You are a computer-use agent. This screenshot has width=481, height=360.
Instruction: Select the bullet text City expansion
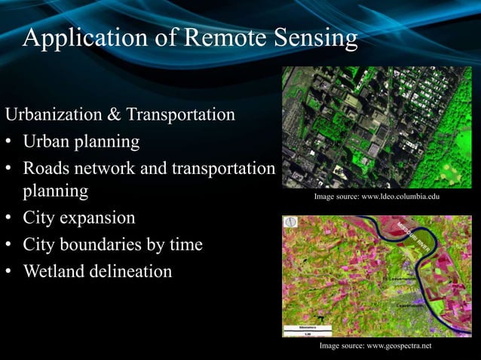(x=79, y=218)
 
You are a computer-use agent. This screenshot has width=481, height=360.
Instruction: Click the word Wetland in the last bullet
(x=54, y=270)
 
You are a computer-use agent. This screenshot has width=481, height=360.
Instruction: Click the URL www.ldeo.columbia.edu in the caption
(x=400, y=197)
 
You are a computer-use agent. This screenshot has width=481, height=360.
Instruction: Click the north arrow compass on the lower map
(x=290, y=223)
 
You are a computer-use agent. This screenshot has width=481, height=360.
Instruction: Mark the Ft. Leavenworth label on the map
(x=400, y=279)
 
